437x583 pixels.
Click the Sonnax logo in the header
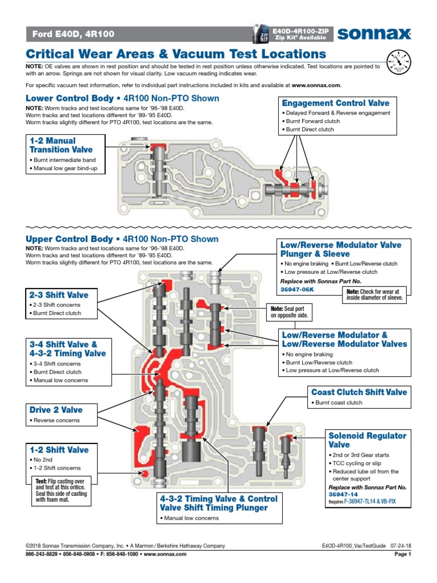pos(374,35)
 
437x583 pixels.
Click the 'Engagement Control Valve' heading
pos(336,103)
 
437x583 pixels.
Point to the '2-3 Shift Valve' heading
pos(59,295)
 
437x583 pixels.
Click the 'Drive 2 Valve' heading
pos(56,410)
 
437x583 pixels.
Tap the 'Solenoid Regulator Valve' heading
pos(368,440)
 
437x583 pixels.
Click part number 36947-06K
pos(296,290)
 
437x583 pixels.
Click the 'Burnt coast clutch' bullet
pos(339,403)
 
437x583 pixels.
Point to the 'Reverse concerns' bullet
pos(57,421)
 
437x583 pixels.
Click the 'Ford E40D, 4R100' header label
pos(72,34)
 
